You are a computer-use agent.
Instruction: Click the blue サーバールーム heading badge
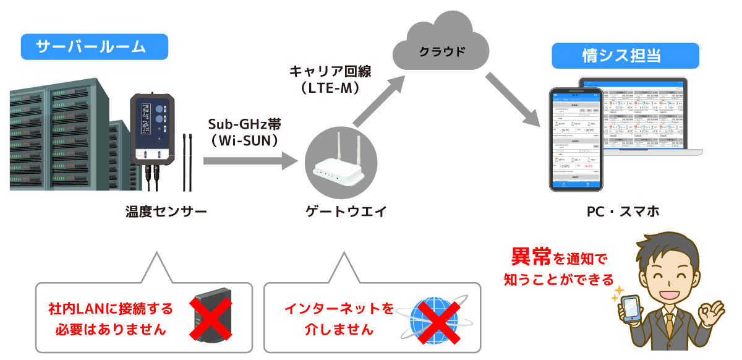point(94,47)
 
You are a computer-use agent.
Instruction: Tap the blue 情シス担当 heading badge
point(625,56)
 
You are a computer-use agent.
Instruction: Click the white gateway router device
point(337,167)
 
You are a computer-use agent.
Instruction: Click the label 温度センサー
point(166,212)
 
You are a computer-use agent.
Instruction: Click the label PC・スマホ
point(623,212)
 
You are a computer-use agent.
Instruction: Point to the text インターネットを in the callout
point(339,308)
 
